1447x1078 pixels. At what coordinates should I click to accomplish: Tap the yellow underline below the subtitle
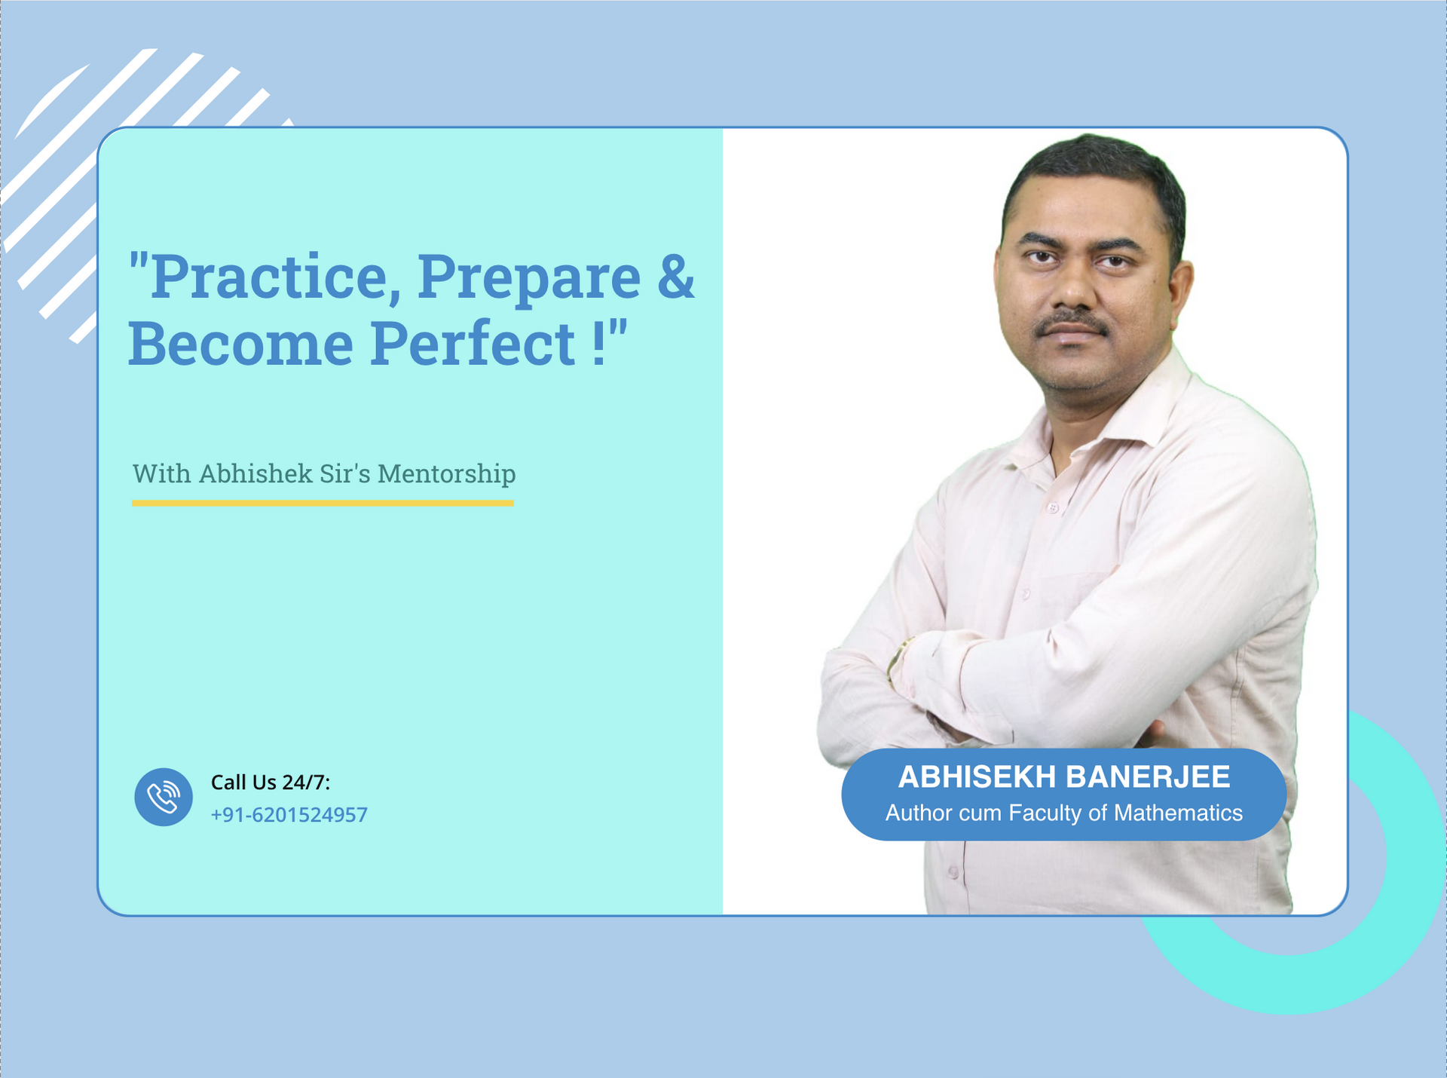(323, 503)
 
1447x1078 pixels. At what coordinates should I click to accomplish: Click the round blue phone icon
(164, 797)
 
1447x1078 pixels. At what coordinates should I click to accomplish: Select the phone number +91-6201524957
(289, 815)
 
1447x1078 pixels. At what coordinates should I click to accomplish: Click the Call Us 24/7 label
(271, 782)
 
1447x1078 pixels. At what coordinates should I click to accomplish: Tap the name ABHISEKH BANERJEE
(1064, 777)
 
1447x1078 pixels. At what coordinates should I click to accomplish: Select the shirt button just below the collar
(1053, 509)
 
